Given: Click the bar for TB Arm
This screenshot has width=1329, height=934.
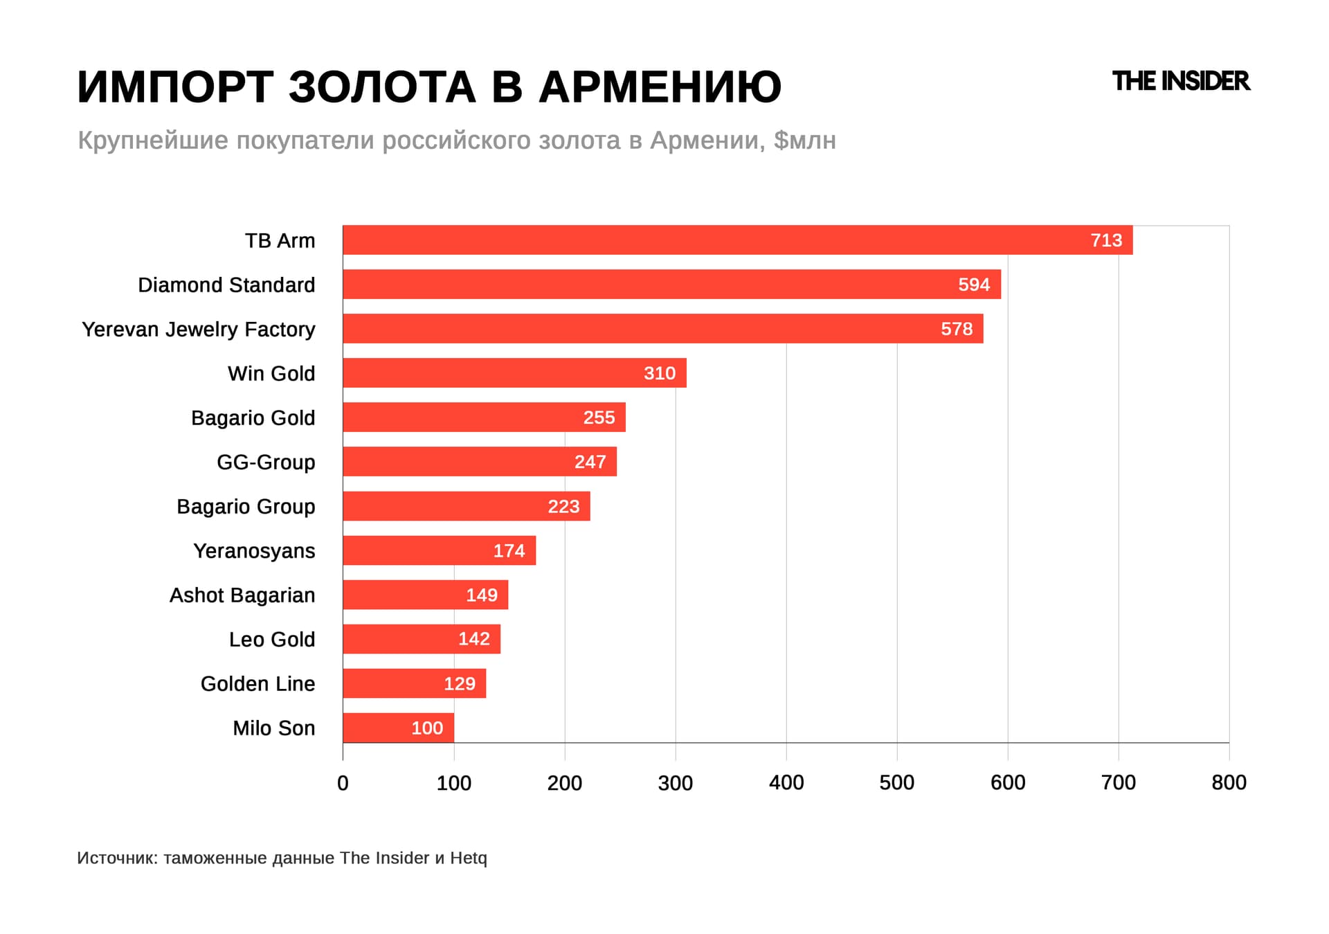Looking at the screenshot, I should point(737,240).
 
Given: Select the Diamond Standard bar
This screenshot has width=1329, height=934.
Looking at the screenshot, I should point(671,285).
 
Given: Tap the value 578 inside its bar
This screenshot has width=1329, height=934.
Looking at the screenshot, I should point(957,329).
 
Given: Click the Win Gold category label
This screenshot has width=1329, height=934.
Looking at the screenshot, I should point(271,374).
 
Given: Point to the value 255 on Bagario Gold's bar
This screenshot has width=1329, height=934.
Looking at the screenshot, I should point(599,417).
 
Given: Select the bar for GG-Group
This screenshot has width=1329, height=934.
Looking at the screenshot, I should point(480,462).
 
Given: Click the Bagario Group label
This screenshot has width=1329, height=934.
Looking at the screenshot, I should point(246,507).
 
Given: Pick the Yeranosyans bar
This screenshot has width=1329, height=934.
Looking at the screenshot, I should point(439,550).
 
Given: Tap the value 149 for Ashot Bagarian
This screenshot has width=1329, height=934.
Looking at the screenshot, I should point(482,595).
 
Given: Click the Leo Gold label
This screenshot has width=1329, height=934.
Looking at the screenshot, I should point(272,640).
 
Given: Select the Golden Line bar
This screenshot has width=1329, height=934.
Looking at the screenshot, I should point(414,683).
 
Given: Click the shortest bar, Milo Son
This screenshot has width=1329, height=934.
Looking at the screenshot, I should point(398,728).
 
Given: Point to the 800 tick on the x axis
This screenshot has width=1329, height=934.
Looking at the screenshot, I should point(1229,782).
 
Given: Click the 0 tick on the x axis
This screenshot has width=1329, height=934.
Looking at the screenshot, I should point(343,783).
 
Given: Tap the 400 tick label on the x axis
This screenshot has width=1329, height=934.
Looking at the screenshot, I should point(786,782).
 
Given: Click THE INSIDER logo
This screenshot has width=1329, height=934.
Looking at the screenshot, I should point(1180,81).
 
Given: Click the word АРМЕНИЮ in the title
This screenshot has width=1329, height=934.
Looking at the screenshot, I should point(660,87).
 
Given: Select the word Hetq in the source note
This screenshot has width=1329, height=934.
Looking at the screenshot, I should point(469,858).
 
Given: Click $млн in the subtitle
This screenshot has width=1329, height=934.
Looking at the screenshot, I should point(804,141).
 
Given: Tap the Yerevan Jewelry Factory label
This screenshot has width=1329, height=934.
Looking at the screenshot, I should point(199,330).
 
